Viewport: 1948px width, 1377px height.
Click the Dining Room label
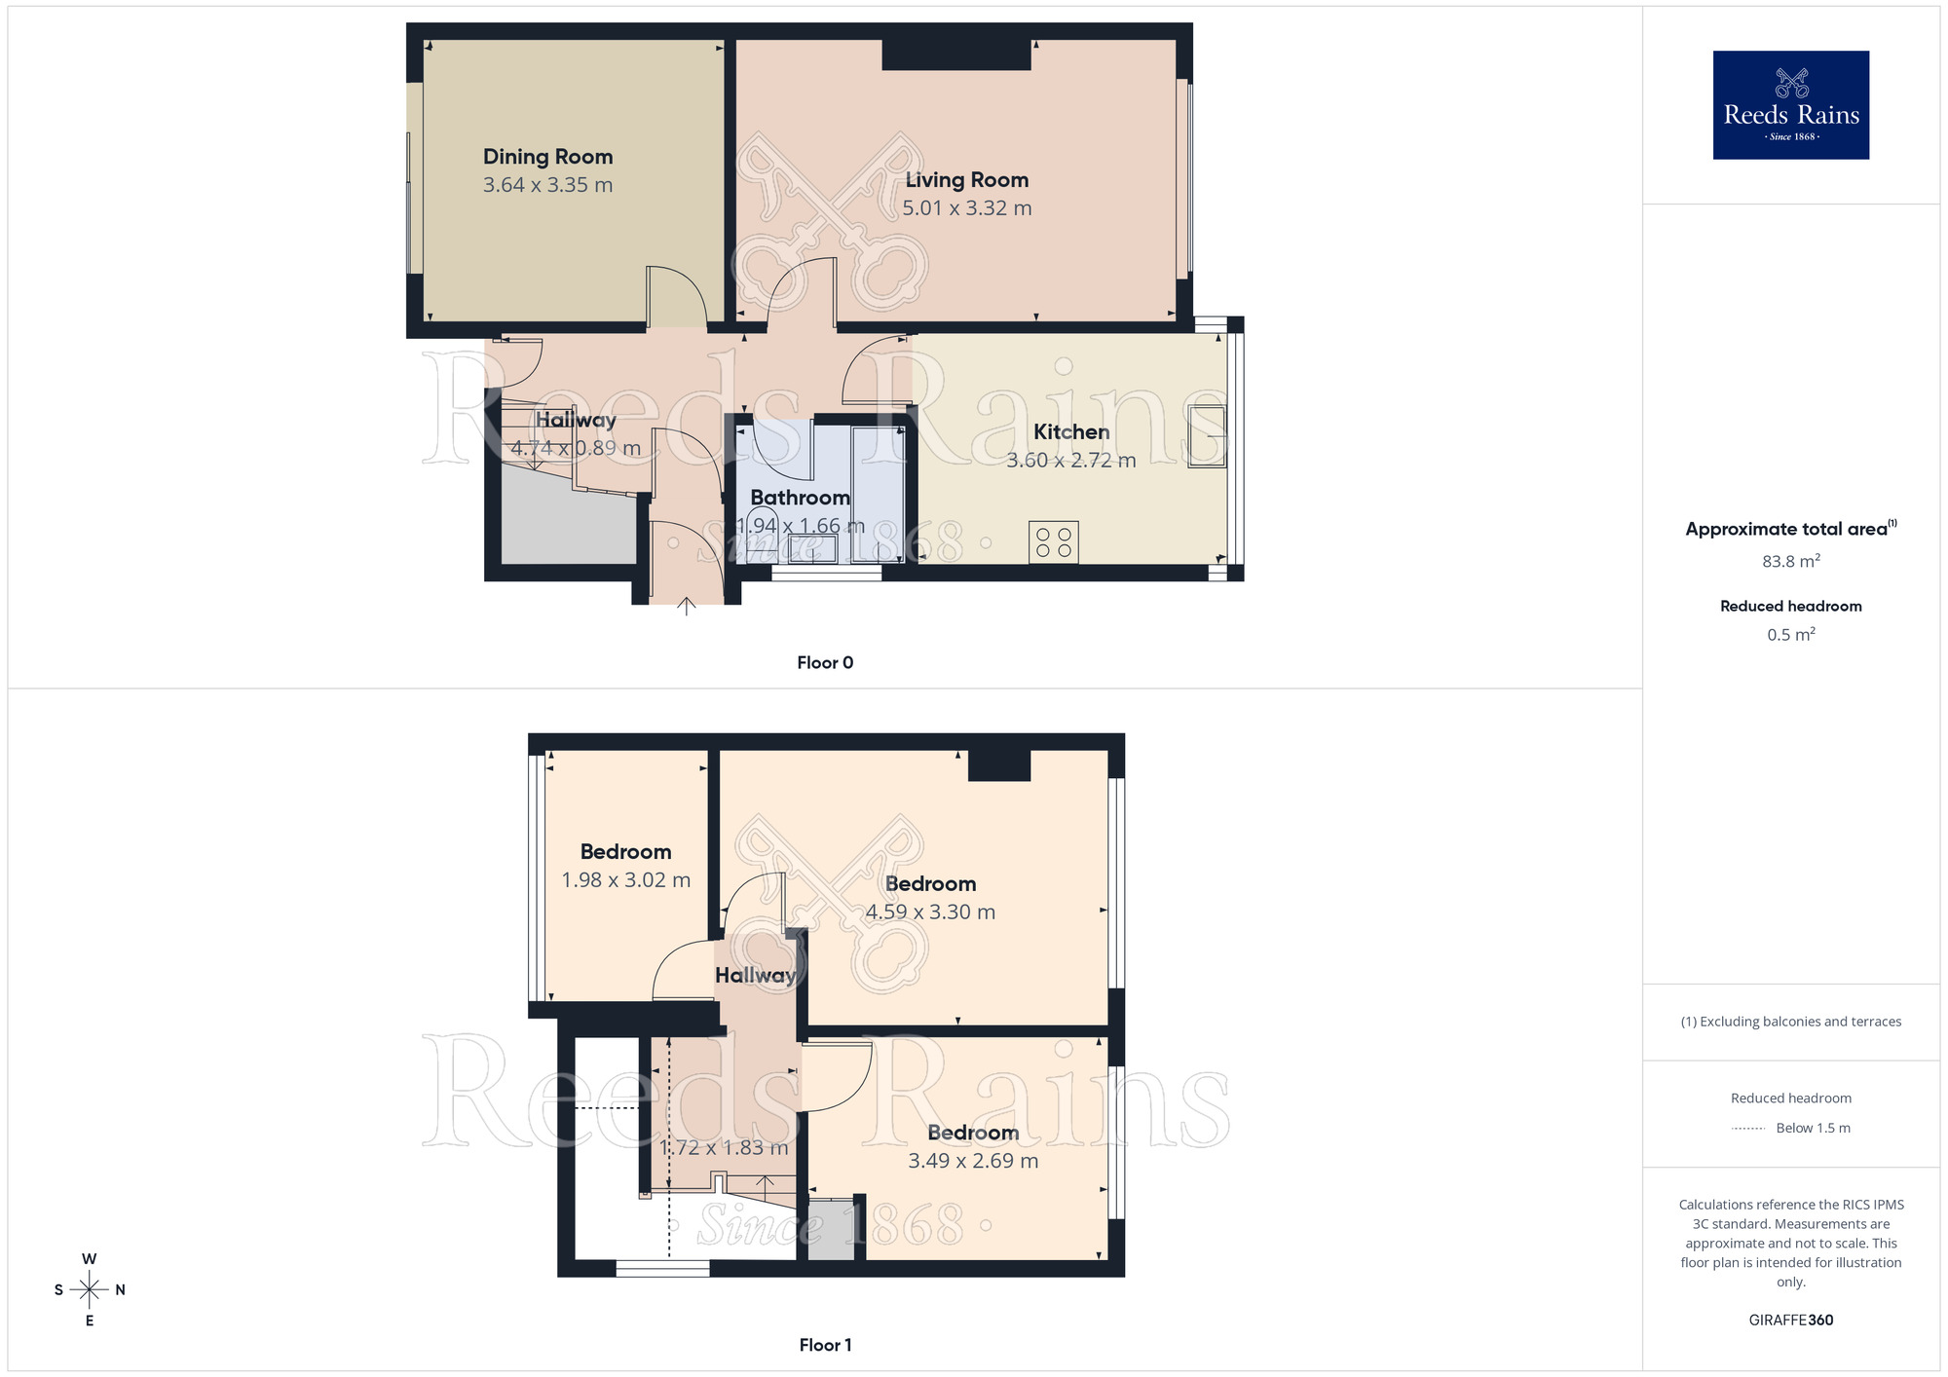pos(547,157)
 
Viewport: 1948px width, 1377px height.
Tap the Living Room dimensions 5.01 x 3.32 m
pos(966,208)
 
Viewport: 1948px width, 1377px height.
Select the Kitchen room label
pos(1070,431)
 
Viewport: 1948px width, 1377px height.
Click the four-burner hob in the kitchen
pos(1053,542)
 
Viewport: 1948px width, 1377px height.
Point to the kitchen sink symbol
pos(1207,435)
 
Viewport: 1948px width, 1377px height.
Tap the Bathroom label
pos(800,498)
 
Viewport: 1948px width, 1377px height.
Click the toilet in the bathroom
pos(763,527)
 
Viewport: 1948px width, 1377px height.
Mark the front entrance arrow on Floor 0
pos(687,607)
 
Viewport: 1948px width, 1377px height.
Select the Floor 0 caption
pos(825,663)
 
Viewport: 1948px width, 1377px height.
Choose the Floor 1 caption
pos(825,1345)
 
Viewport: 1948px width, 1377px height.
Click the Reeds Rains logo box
pos(1790,105)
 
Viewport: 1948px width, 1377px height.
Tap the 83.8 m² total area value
pos(1790,562)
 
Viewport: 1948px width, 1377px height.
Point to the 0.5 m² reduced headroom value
pos(1790,635)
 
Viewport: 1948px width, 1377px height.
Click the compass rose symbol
pos(90,1290)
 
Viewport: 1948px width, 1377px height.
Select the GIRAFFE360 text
pos(1790,1321)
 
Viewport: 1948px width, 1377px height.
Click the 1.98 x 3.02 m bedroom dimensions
pos(625,880)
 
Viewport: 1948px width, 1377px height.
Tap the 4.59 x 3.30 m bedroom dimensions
pos(930,912)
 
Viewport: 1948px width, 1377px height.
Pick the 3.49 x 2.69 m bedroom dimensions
pos(973,1161)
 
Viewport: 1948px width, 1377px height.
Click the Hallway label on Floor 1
pos(755,975)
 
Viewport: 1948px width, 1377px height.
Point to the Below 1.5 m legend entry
pos(1812,1129)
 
